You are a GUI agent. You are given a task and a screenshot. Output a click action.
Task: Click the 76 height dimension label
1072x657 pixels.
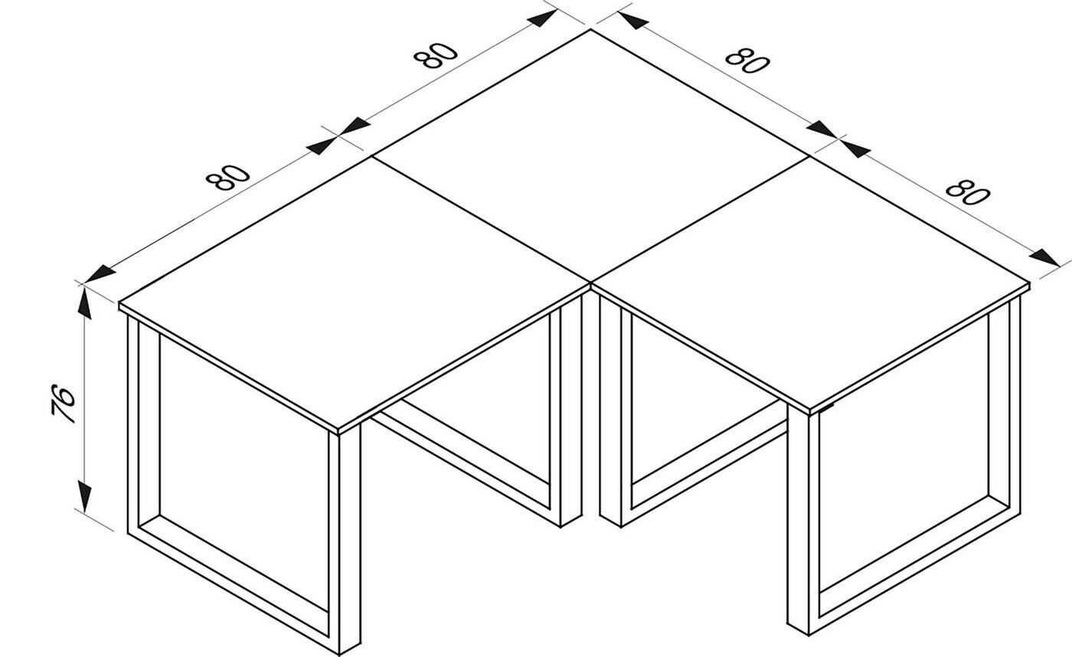click(64, 404)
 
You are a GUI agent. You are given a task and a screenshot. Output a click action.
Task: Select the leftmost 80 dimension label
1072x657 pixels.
click(228, 178)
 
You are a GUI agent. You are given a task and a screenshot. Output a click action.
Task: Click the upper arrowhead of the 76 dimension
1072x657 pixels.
click(85, 304)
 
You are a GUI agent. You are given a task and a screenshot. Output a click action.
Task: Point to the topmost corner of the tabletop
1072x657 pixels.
click(591, 30)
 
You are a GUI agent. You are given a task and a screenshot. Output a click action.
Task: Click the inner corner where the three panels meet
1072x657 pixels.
click(590, 281)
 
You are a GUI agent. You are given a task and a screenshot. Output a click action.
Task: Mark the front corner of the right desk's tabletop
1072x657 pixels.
click(809, 410)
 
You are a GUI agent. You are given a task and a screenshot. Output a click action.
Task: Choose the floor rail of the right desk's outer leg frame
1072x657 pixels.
click(915, 570)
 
